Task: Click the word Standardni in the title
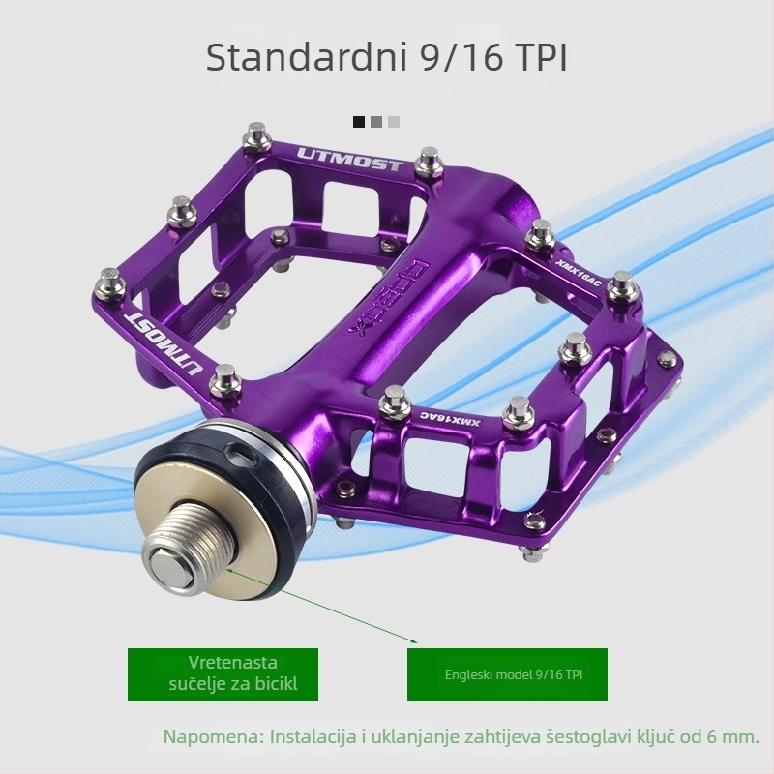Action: pos(306,57)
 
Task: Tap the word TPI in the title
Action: pos(542,58)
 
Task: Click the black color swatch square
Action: pos(359,122)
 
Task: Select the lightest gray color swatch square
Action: pos(394,122)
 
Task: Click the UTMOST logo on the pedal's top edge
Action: pos(350,159)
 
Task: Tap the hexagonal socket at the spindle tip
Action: pos(170,569)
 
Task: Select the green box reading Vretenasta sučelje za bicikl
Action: pos(223,674)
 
